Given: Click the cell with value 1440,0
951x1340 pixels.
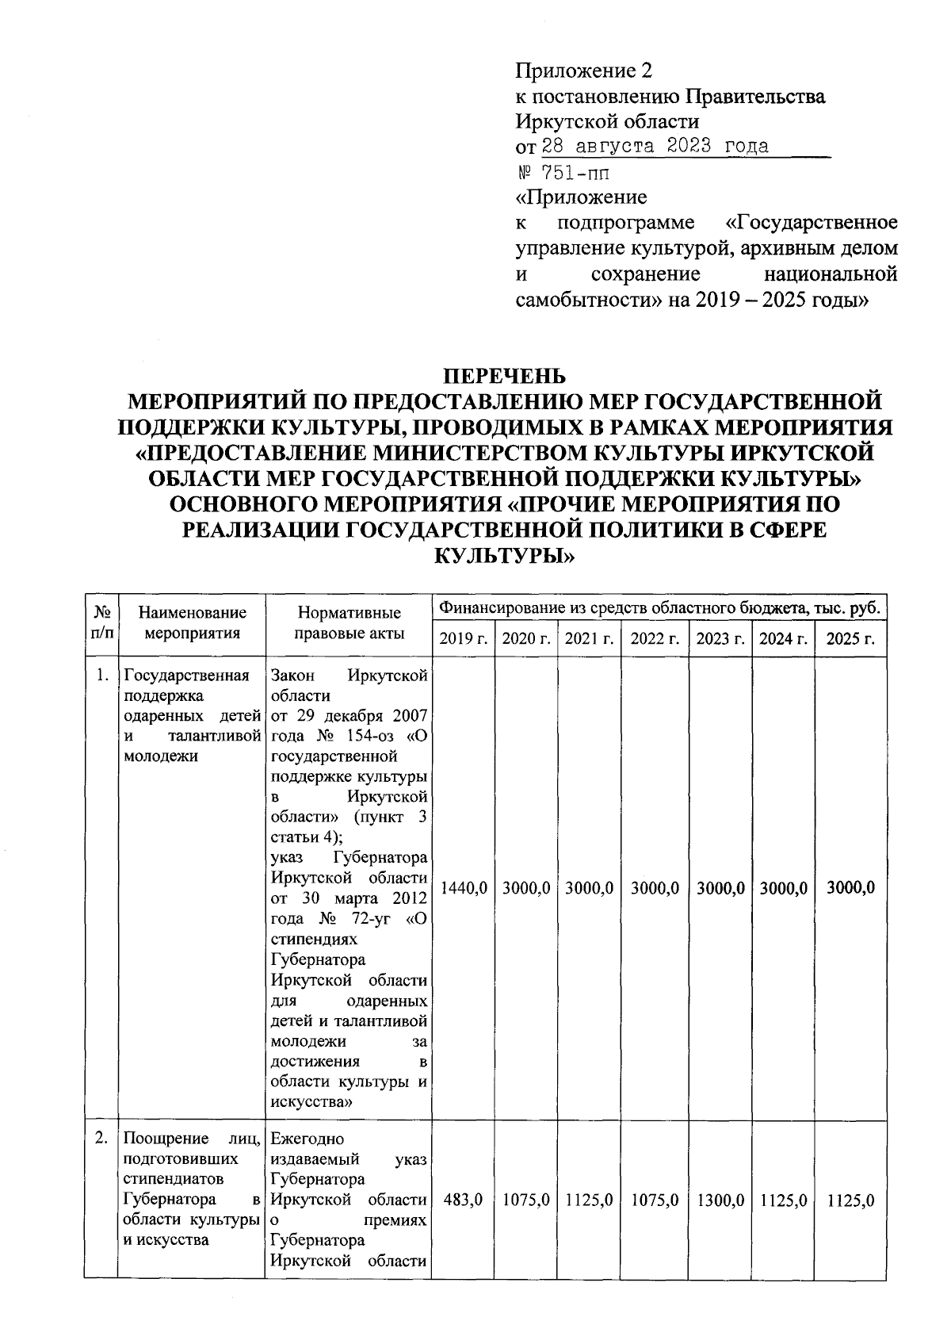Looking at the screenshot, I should click(x=464, y=889).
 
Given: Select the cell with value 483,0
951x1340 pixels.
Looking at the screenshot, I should click(x=464, y=1201).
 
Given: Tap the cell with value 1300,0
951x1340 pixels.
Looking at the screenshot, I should click(x=720, y=1201).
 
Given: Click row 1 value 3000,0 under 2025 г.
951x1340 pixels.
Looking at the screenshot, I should click(x=850, y=889).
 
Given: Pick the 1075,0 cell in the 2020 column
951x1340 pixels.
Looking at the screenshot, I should click(x=526, y=1201).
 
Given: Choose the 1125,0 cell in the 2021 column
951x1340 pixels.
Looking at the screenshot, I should click(x=589, y=1201).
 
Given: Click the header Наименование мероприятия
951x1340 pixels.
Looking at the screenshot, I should click(x=192, y=623).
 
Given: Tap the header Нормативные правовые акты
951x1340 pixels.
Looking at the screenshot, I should click(x=349, y=623).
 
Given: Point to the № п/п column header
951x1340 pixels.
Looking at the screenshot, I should click(x=101, y=623).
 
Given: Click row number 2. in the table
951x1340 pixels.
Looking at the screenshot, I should click(x=101, y=1139).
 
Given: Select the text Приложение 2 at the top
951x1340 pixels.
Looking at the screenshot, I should click(x=583, y=71).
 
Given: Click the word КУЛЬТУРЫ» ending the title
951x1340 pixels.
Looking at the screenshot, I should click(x=504, y=556).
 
